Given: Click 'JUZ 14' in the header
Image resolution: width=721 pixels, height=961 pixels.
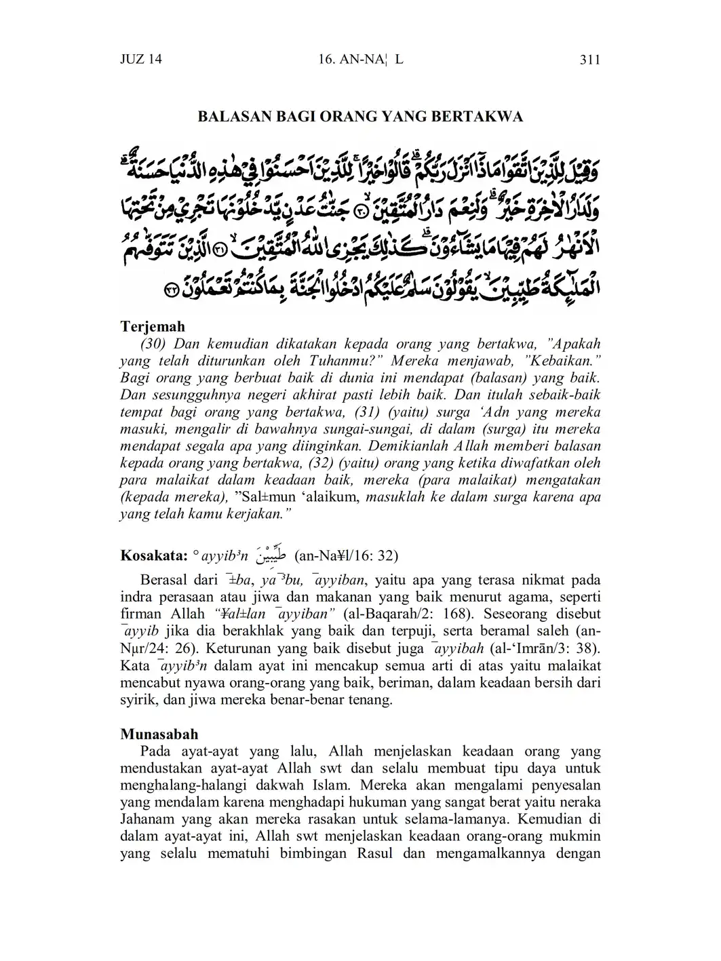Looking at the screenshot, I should click(141, 60).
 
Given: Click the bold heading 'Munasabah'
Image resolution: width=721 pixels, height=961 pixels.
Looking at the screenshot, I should click(159, 734).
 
